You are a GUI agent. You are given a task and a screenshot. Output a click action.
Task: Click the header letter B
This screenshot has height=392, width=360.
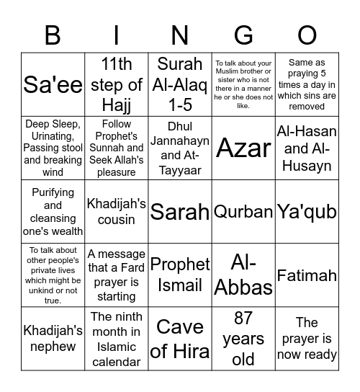coord(53,34)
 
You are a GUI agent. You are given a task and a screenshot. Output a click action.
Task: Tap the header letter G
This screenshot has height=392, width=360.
coord(243,34)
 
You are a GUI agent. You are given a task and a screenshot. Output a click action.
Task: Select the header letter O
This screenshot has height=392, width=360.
coord(307,34)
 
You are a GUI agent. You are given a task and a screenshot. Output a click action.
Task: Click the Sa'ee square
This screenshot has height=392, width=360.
coord(53,84)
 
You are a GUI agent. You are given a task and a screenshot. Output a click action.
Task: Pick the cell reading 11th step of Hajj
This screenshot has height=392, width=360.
coord(116,84)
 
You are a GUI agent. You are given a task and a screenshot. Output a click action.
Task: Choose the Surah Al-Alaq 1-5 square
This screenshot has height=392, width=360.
coord(180,84)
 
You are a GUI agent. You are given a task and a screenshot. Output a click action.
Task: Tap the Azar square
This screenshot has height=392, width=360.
coord(243,148)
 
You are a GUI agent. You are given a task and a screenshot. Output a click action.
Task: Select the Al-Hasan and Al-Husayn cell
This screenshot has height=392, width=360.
coord(307,148)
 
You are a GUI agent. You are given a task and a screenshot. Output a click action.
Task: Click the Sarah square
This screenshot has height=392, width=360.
coord(180,212)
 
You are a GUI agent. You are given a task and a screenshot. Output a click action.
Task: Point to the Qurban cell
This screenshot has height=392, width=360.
coord(243,212)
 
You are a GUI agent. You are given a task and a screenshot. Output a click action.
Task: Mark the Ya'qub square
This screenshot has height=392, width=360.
coord(307,212)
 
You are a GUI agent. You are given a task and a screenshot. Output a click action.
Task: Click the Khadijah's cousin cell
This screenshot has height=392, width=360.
coord(116,212)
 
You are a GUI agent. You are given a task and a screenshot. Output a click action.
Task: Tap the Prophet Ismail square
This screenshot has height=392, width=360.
coord(180,275)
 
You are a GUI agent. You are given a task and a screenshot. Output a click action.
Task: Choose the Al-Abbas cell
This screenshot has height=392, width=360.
coord(243,275)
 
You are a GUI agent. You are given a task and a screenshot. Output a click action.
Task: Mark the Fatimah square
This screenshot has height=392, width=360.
coord(307,275)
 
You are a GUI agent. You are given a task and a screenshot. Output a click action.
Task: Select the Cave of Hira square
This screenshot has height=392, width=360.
coord(180,339)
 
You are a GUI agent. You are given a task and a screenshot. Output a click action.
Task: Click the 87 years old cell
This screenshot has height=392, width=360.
coord(243,339)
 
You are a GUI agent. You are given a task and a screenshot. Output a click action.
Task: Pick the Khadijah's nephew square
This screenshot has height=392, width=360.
coord(53,339)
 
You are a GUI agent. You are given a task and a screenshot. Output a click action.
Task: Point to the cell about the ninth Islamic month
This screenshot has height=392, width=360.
coord(116,339)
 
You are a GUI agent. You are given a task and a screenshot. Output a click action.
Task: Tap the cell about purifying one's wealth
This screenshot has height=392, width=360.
coord(53,212)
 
